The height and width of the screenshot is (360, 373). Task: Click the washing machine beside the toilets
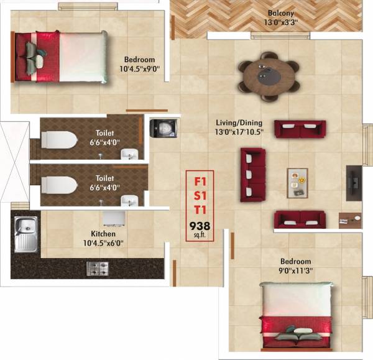coord(162,128)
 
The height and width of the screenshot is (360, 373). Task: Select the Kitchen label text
coord(103,234)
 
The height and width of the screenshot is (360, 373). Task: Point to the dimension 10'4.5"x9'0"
coord(142,69)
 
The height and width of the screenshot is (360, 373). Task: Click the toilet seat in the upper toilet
coord(58,139)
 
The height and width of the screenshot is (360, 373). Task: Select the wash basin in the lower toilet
coord(129,200)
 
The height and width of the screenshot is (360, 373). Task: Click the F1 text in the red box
coord(200,182)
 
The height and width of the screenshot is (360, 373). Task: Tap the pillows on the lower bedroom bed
coord(296,336)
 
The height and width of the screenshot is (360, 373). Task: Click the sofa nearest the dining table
coord(300,129)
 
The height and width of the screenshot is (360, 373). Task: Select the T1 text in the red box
coord(200,210)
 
